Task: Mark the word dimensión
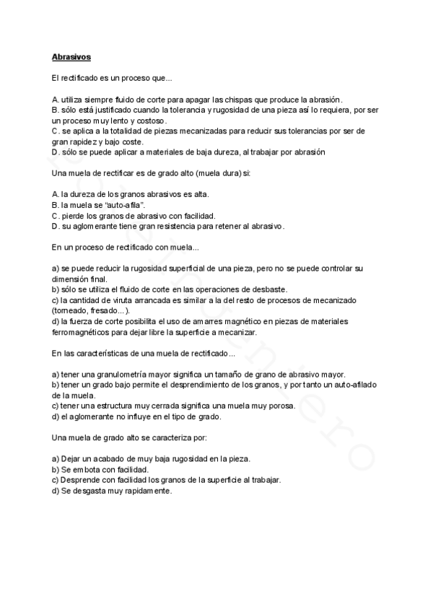coord(71,279)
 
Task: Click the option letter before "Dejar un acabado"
coord(56,459)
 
